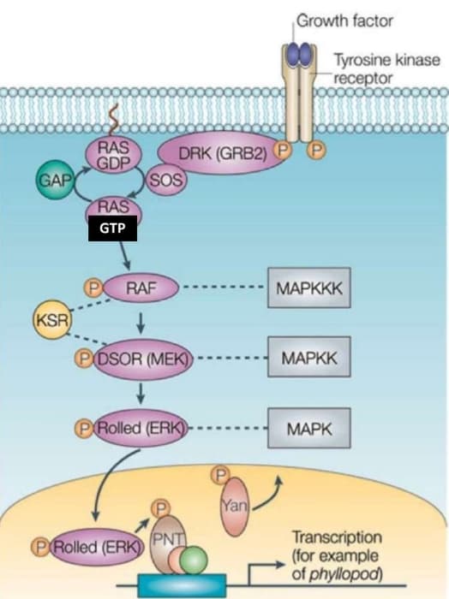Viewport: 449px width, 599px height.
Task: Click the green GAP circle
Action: point(55,180)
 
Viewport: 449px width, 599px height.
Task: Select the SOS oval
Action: point(166,180)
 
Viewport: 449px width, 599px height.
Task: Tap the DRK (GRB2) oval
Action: point(223,153)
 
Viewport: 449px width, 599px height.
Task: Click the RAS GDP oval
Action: point(114,156)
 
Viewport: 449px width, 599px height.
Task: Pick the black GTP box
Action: point(112,228)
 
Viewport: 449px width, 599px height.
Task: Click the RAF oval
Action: point(141,288)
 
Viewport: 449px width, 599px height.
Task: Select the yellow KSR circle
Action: point(52,320)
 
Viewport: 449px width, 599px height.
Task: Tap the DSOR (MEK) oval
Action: point(143,359)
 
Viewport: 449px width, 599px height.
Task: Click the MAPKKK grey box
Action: point(309,288)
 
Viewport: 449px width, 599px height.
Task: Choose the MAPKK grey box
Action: point(309,357)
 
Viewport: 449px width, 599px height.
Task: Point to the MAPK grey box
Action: point(309,428)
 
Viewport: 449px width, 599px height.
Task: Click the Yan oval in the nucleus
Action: point(234,507)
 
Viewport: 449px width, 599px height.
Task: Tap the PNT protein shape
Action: point(166,543)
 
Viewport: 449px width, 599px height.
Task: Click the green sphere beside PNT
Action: point(194,560)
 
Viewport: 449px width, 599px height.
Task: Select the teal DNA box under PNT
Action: point(182,585)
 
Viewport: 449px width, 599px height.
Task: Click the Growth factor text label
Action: point(344,21)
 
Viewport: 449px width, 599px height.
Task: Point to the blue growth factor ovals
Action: point(299,54)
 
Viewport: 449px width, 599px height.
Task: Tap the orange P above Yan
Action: point(221,475)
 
